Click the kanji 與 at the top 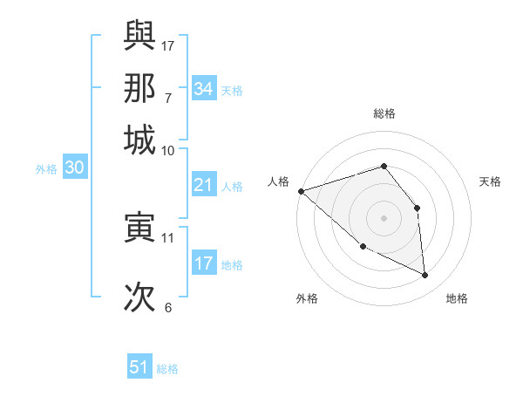139,36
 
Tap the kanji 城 139,140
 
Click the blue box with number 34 203,89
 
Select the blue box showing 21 203,185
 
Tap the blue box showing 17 203,263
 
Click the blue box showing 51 139,367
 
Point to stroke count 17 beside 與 168,44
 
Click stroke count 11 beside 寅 168,237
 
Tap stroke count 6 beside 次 168,307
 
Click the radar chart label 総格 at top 384,113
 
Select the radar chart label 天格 490,181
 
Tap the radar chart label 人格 278,181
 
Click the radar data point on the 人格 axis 301,191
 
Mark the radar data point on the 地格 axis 425,275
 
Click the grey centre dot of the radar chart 384,217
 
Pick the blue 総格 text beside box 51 167,369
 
